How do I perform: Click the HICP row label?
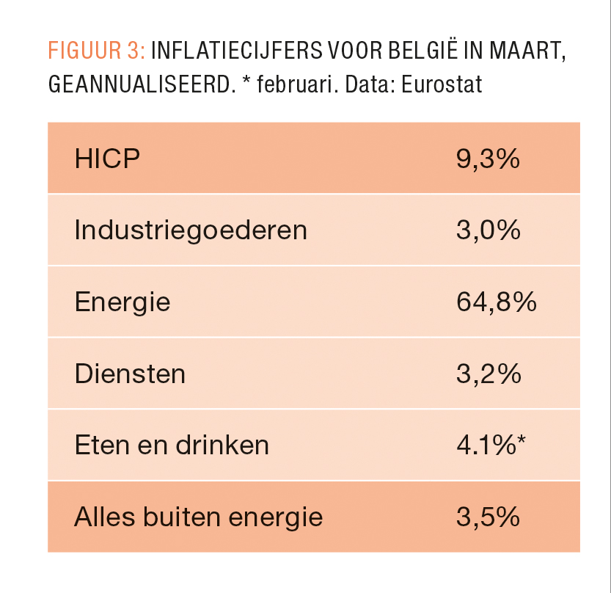pos(107,159)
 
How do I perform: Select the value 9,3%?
pos(488,159)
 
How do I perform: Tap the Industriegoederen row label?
pos(191,230)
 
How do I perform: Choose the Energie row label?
pos(122,302)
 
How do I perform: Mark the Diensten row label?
pos(130,374)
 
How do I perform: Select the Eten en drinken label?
pos(172,445)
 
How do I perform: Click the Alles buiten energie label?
pos(198,517)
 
